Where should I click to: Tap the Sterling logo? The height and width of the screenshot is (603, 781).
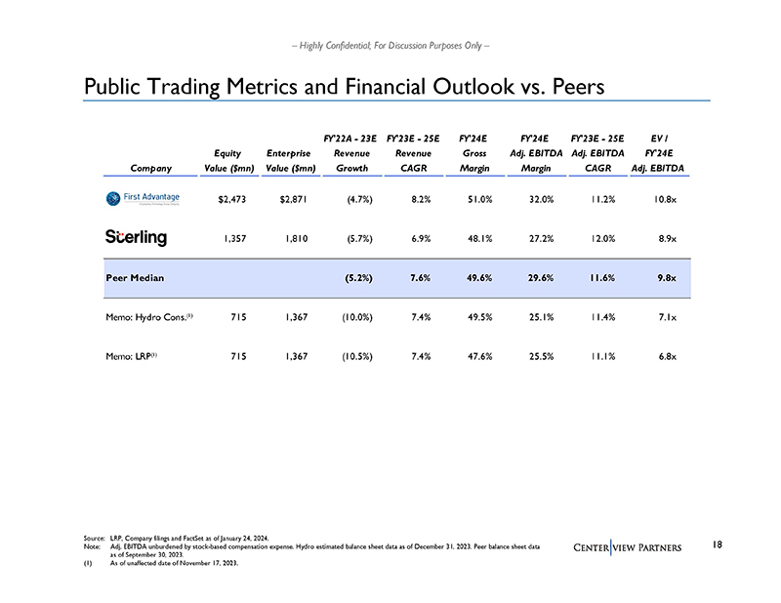pyautogui.click(x=136, y=237)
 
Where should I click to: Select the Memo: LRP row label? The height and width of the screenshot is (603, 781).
pyautogui.click(x=131, y=355)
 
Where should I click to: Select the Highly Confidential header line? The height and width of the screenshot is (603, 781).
pyautogui.click(x=390, y=45)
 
